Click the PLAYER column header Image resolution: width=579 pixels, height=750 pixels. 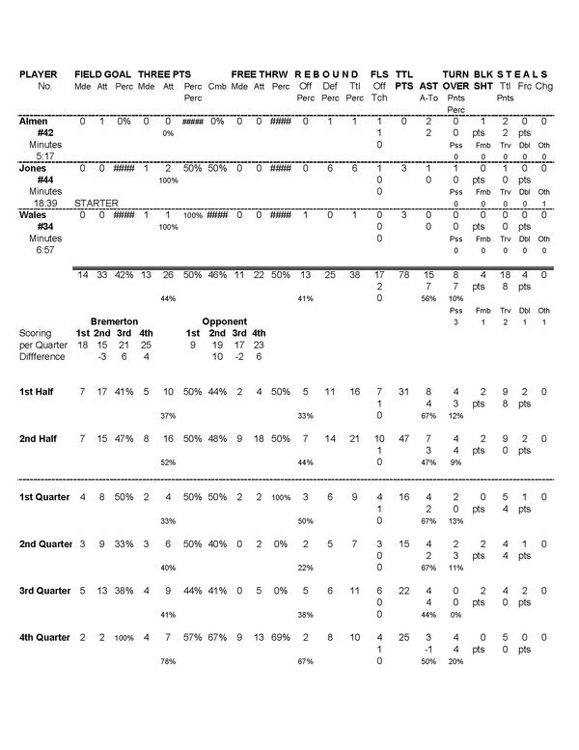point(39,74)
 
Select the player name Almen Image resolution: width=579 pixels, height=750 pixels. point(34,121)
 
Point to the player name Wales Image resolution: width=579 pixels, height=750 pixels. point(34,215)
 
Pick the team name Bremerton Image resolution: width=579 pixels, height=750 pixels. point(114,319)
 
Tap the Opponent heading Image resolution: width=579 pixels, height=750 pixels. point(225,319)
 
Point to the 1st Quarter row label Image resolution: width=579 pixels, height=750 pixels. point(45,497)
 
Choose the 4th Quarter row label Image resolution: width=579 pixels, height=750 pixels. point(45,639)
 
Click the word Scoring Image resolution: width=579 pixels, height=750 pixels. point(35,332)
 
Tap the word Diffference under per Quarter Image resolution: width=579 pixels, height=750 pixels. point(41,355)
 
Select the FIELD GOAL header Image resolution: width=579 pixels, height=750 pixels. point(102,74)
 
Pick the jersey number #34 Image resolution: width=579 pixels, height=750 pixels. point(44,226)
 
